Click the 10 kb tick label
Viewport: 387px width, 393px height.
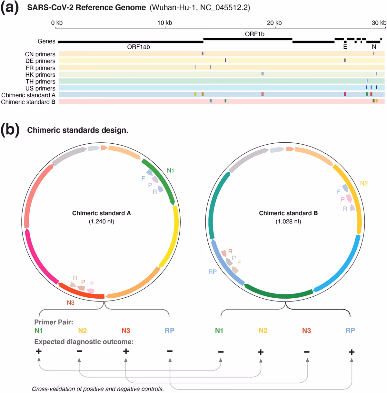coord(164,23)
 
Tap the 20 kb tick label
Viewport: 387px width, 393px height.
coord(274,23)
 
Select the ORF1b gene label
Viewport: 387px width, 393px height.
coord(254,34)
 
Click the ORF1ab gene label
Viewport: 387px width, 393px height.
coord(138,47)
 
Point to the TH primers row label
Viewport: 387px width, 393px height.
coord(40,81)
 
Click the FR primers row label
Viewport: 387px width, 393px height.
coord(40,68)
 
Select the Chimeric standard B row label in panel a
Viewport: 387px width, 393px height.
coord(28,102)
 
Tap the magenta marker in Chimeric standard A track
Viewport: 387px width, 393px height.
coord(345,94)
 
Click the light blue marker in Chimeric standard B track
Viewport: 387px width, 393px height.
coord(211,101)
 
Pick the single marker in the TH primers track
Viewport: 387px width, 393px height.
coord(367,81)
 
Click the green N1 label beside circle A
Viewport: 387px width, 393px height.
coord(170,170)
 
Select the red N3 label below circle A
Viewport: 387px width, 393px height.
coord(71,303)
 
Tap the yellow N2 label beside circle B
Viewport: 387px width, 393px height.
coord(364,183)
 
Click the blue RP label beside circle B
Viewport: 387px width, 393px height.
coord(213,272)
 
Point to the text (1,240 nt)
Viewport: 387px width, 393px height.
coord(101,222)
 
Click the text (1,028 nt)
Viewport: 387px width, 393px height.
coord(288,222)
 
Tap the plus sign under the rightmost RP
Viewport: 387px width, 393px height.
coord(351,352)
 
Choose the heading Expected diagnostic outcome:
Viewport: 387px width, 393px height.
coord(84,342)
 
